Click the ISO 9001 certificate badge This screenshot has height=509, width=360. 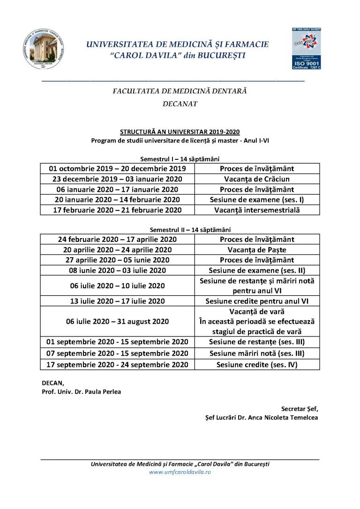(x=307, y=49)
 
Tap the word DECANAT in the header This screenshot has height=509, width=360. (x=180, y=104)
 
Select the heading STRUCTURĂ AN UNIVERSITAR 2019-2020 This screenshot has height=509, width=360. (x=180, y=132)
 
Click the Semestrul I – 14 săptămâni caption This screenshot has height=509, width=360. (x=180, y=159)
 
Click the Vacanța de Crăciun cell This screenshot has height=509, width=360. (x=257, y=179)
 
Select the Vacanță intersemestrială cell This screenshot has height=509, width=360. (x=257, y=210)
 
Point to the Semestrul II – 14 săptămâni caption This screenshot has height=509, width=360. (x=180, y=230)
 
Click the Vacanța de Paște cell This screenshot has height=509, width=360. (x=257, y=250)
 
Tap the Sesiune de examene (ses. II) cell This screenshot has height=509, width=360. (x=257, y=270)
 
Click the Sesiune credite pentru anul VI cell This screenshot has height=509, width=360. (x=257, y=301)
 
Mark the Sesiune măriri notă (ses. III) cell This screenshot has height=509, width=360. (x=257, y=353)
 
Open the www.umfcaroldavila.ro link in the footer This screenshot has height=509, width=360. (x=180, y=472)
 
